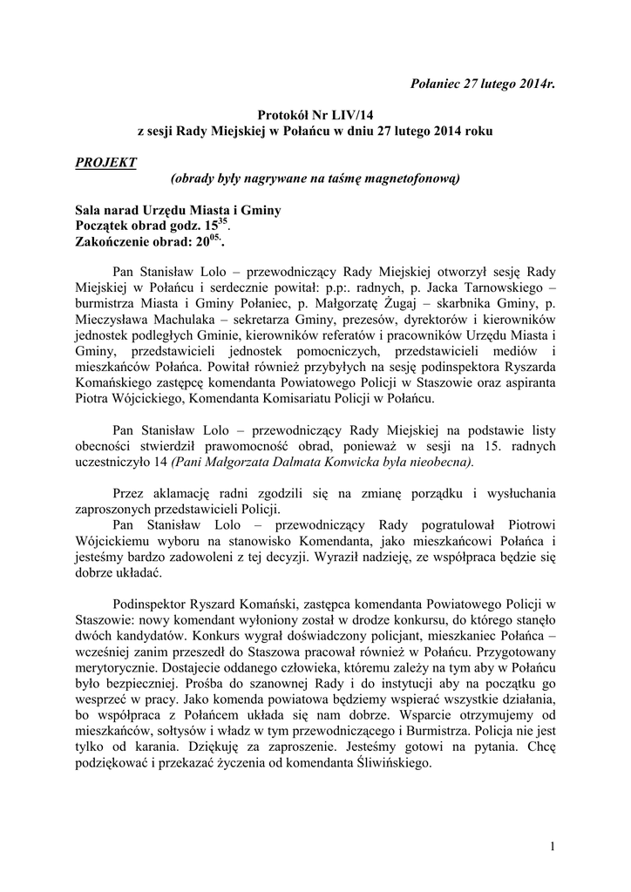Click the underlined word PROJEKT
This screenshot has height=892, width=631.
pyautogui.click(x=105, y=162)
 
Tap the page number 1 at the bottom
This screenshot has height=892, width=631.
pyautogui.click(x=552, y=846)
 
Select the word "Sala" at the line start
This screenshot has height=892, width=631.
pyautogui.click(x=89, y=211)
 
